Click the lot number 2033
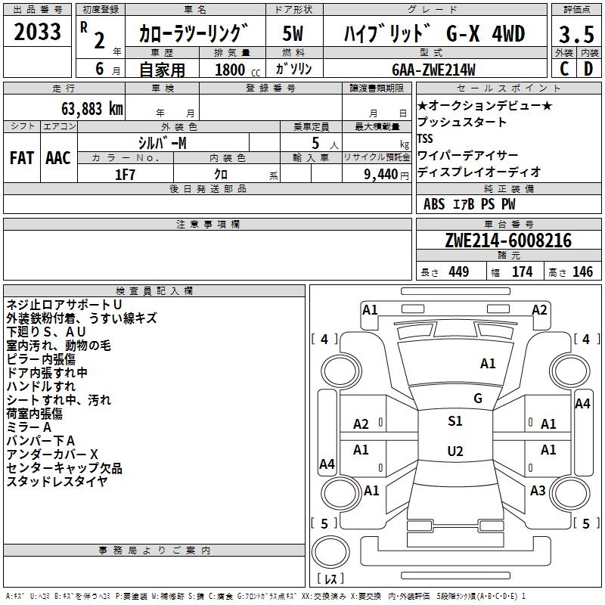pyautogui.click(x=37, y=33)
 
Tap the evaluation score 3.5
pyautogui.click(x=576, y=34)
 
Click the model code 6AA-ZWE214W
pyautogui.click(x=433, y=70)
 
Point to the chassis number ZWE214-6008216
pyautogui.click(x=508, y=241)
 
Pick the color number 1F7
pyautogui.click(x=125, y=174)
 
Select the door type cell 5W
pyautogui.click(x=293, y=34)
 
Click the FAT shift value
pyautogui.click(x=22, y=157)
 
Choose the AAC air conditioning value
pyautogui.click(x=58, y=157)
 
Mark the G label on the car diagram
pyautogui.click(x=477, y=399)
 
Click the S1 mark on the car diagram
pyautogui.click(x=455, y=421)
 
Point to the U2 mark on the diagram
pyautogui.click(x=455, y=451)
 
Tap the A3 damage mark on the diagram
pyautogui.click(x=538, y=491)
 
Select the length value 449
pyautogui.click(x=458, y=272)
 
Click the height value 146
pyautogui.click(x=582, y=272)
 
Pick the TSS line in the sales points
pyautogui.click(x=425, y=138)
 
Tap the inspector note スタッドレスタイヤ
pyautogui.click(x=57, y=481)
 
